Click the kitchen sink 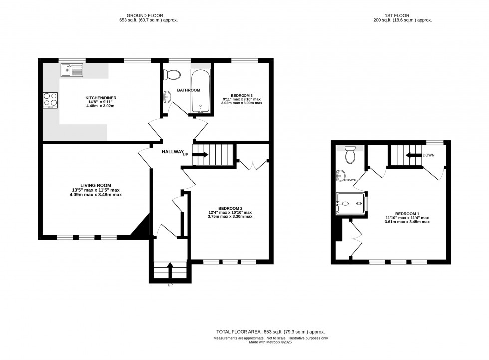click(72, 71)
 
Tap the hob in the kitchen click(50, 100)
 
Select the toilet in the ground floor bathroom click(173, 75)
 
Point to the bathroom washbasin click(167, 96)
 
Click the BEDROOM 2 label click(230, 208)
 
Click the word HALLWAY click(171, 152)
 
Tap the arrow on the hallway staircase click(200, 155)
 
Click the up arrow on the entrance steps click(170, 271)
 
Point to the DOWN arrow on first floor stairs click(412, 155)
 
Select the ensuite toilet click(350, 154)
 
